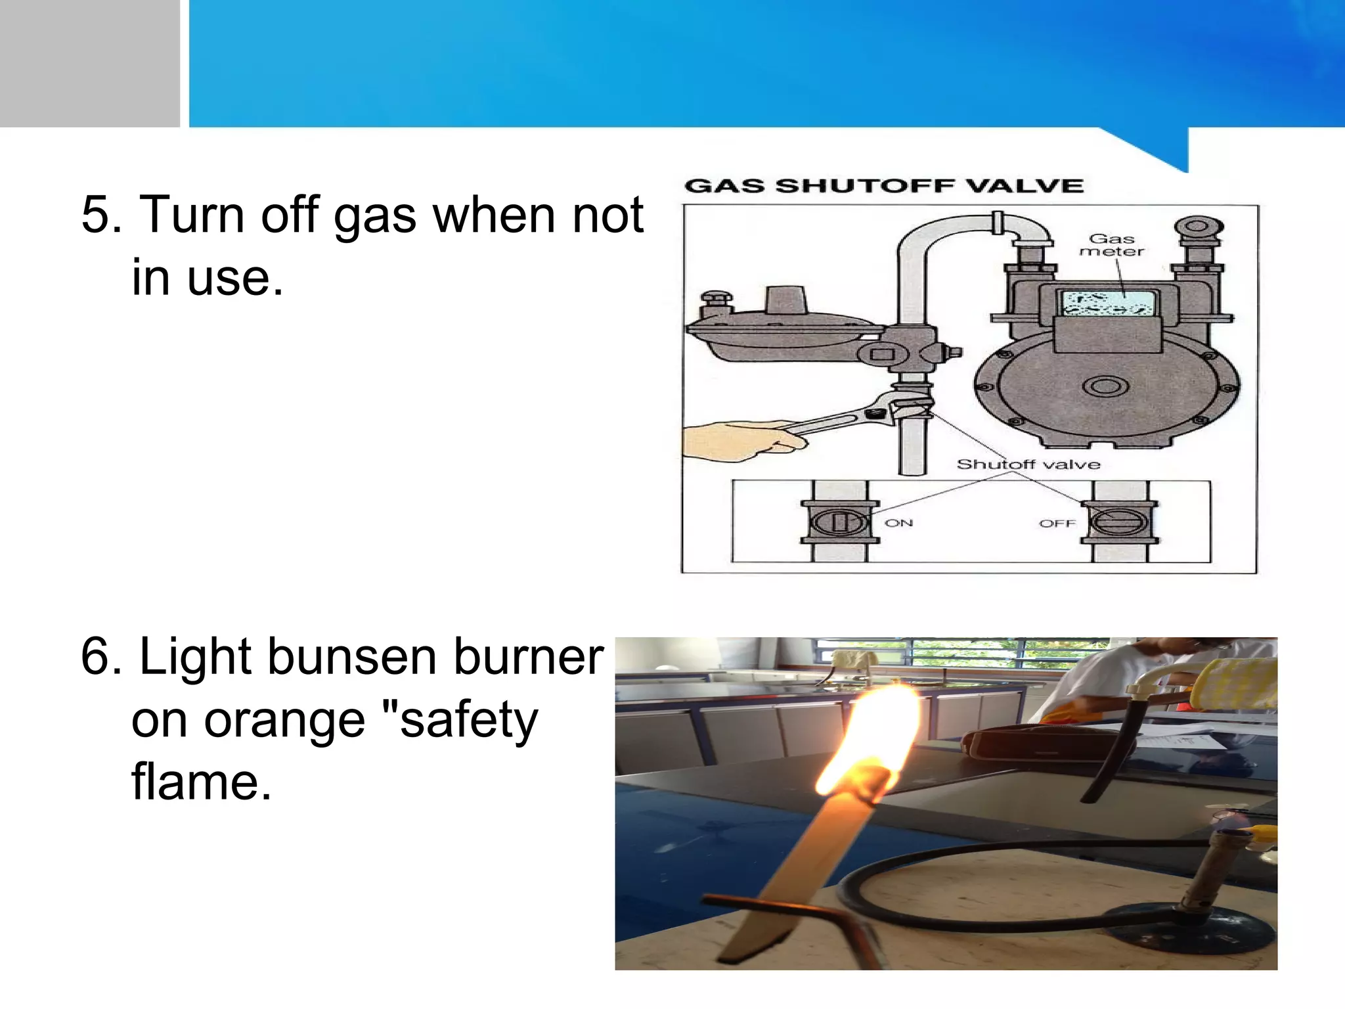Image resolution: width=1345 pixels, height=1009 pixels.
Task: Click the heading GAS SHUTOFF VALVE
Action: click(883, 186)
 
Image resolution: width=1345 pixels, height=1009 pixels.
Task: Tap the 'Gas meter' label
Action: click(1112, 245)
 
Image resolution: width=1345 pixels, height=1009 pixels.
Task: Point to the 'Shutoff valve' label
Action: click(1028, 464)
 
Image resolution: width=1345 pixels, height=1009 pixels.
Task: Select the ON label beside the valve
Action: click(898, 523)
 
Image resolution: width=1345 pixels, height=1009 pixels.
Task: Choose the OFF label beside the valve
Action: click(1057, 524)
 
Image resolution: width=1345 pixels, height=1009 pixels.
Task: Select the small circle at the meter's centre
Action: click(1105, 386)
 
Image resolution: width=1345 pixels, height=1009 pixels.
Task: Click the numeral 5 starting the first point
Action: click(100, 215)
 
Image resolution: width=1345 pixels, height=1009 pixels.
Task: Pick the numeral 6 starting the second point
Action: click(100, 656)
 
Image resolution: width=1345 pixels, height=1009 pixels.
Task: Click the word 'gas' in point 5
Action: click(374, 216)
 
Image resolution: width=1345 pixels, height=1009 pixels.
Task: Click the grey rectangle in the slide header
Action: click(89, 63)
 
